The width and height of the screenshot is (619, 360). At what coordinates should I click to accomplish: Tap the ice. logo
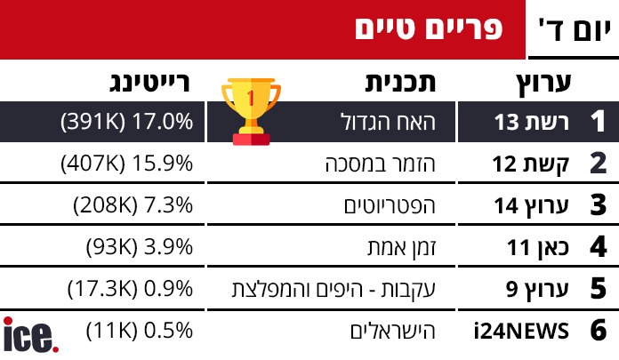coord(30,336)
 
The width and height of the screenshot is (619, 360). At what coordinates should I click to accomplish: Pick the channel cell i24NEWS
coord(520,331)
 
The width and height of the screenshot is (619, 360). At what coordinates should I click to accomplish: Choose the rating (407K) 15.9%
coord(126,164)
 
